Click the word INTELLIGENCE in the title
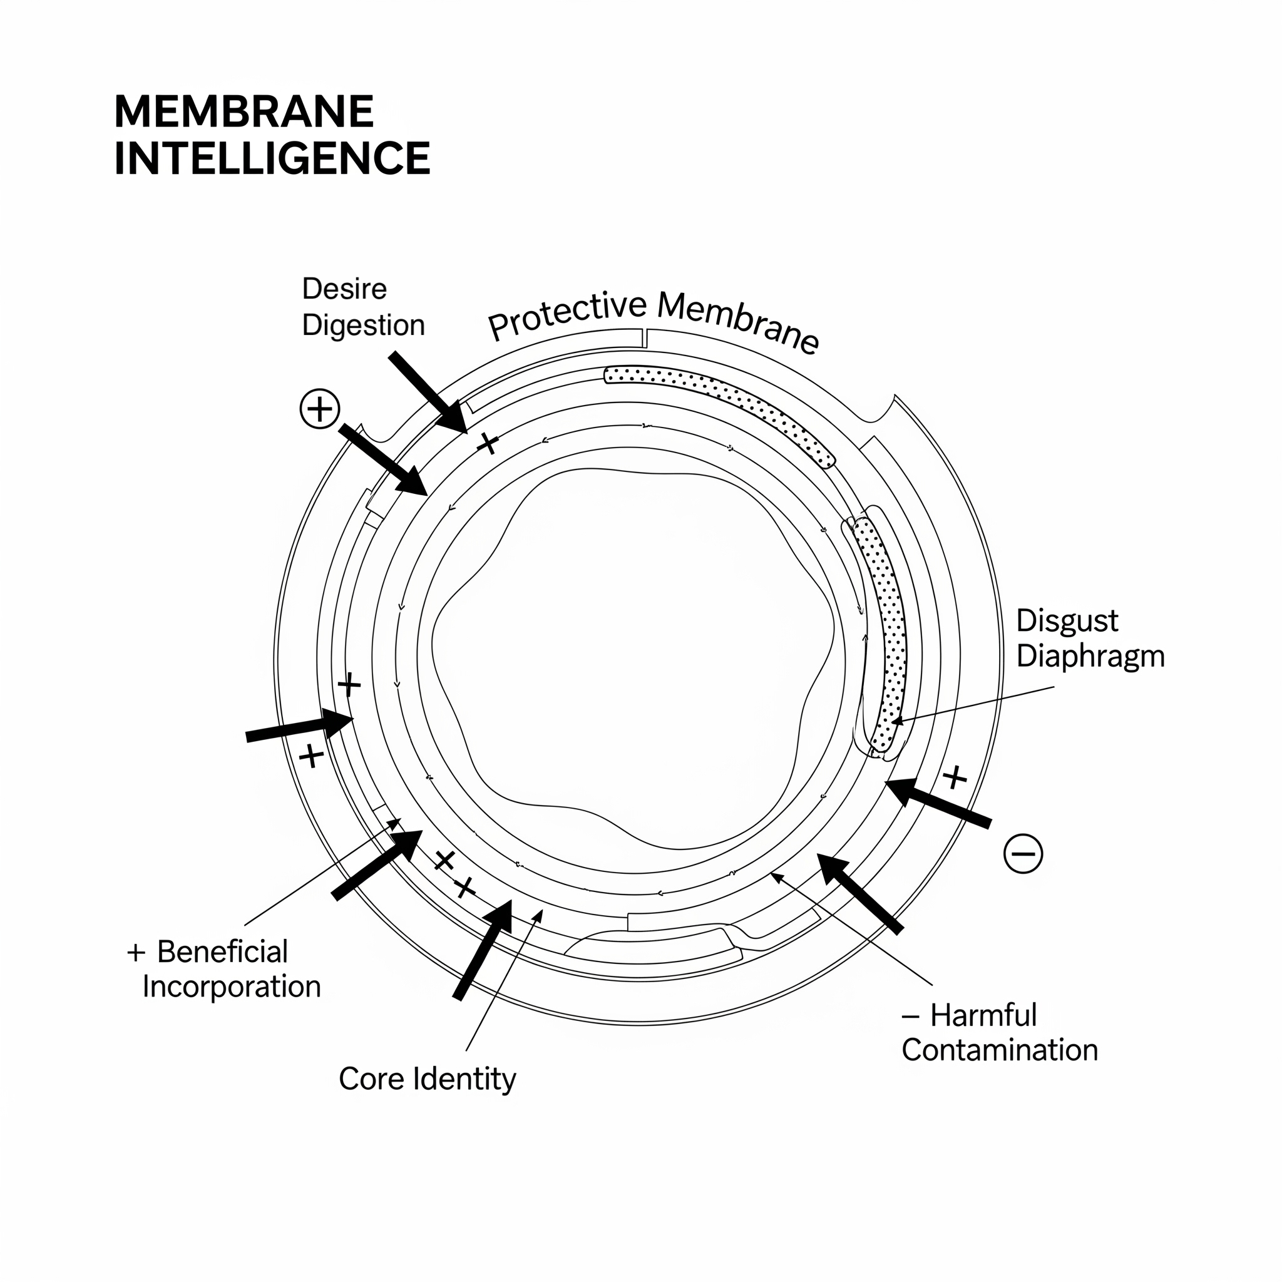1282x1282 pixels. click(x=272, y=158)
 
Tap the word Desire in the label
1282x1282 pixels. click(x=344, y=289)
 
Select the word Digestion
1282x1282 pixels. click(x=363, y=325)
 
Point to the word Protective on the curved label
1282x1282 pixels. click(x=567, y=315)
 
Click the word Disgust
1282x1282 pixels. click(x=1067, y=620)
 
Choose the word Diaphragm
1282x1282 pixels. click(x=1090, y=656)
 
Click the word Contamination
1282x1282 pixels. click(x=999, y=1050)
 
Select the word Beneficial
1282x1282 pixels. click(x=222, y=951)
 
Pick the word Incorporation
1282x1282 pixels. click(x=232, y=987)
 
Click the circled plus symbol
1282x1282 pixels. click(x=320, y=409)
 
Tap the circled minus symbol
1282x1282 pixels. click(x=1023, y=853)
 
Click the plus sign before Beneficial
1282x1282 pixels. click(x=136, y=953)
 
